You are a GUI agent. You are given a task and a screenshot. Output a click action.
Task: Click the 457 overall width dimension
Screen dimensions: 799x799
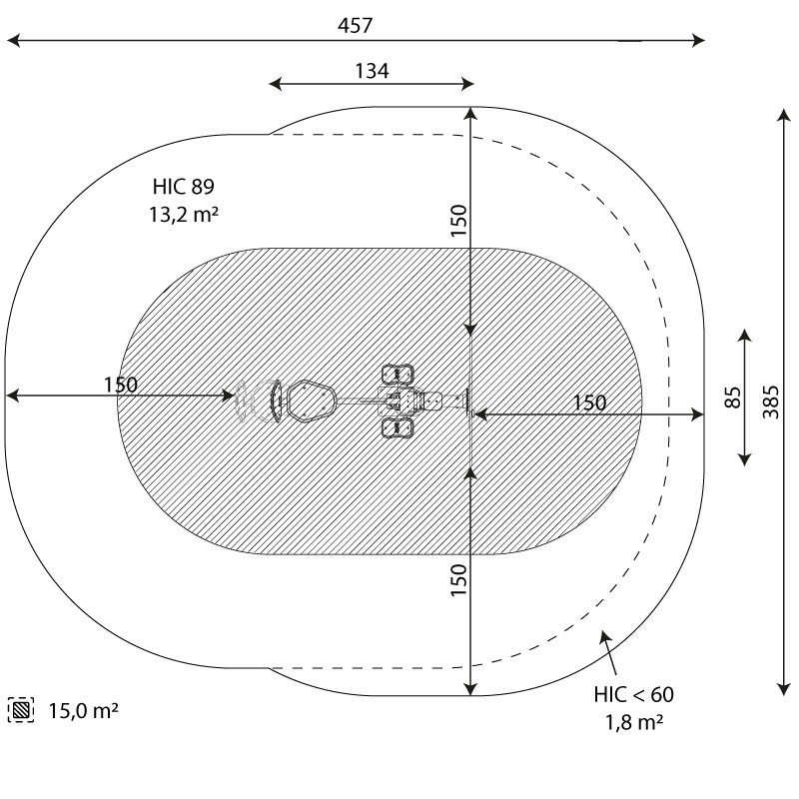(356, 25)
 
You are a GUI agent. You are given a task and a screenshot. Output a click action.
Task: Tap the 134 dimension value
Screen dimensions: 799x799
(372, 71)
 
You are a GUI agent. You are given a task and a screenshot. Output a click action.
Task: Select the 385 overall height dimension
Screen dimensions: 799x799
(771, 402)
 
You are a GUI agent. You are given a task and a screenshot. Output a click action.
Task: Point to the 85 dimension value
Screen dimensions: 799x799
(732, 398)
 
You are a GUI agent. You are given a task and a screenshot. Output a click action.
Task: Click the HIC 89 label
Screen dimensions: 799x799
(184, 187)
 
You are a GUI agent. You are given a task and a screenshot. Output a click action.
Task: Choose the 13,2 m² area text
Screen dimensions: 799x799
(184, 214)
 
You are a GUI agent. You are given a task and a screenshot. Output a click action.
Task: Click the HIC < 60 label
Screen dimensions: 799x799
(633, 694)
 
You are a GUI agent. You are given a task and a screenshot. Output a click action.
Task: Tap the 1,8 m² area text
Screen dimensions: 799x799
(634, 722)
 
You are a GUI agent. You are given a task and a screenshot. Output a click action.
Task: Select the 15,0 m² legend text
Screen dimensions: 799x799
(84, 710)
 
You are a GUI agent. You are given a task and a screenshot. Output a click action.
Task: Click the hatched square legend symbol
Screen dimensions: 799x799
(21, 710)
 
